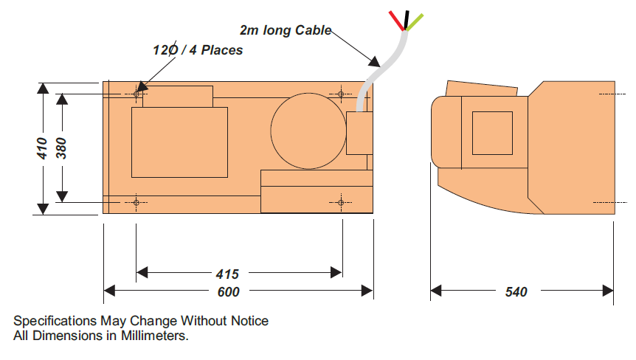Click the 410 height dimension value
[x=42, y=148]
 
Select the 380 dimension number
[x=61, y=148]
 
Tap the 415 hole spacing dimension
[x=227, y=274]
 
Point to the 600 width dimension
[x=229, y=292]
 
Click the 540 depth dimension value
[x=516, y=292]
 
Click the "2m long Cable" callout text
[x=286, y=30]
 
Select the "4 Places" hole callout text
[x=215, y=50]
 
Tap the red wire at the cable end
[x=397, y=21]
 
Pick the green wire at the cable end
[x=415, y=22]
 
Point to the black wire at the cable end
[x=407, y=20]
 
